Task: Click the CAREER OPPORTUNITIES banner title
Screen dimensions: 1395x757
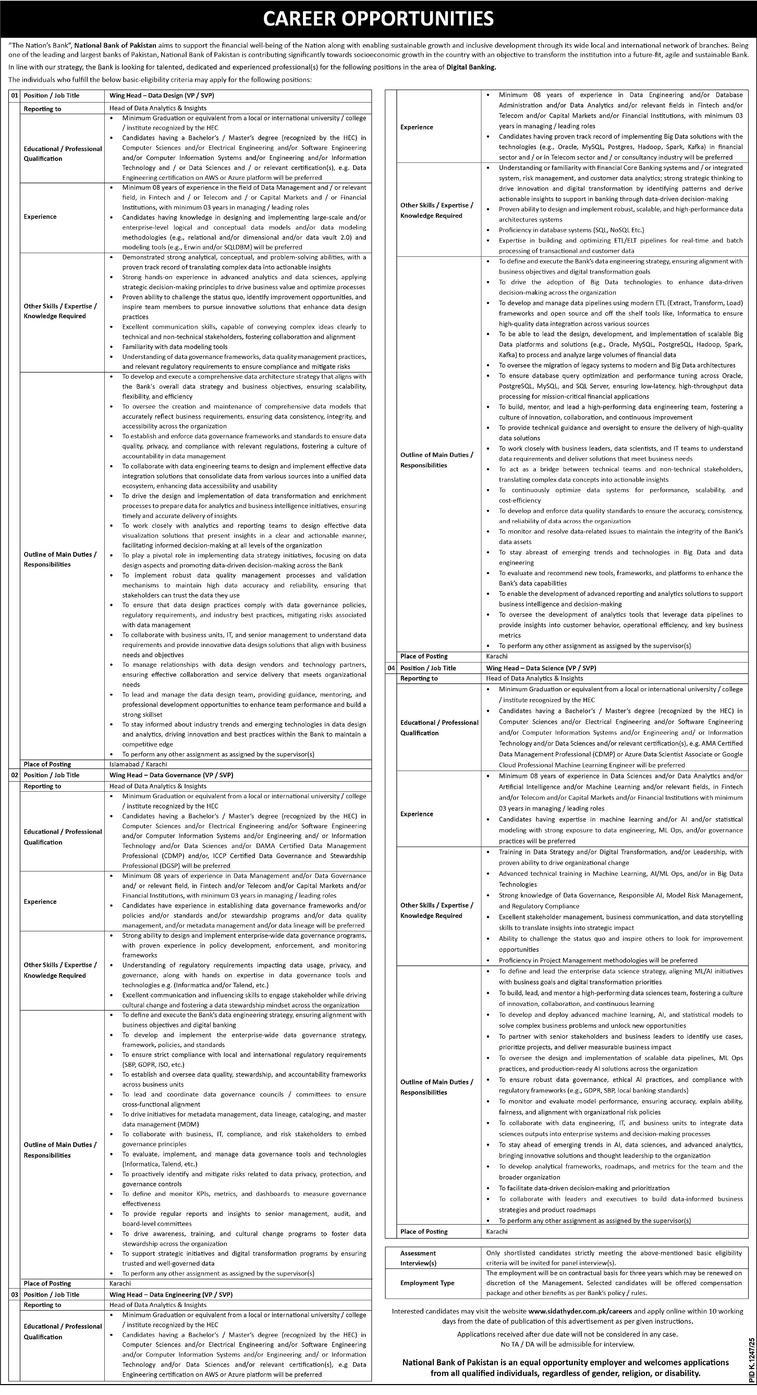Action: point(378,19)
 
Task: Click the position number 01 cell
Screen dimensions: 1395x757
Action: point(14,95)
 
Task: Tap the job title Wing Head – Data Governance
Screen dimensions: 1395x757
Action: point(171,775)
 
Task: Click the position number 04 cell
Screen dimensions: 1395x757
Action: point(390,668)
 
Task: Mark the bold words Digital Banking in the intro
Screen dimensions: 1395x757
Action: point(471,68)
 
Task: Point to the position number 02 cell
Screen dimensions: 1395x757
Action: point(14,775)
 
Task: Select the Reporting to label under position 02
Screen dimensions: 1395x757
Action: point(42,786)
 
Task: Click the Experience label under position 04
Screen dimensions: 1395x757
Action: point(416,814)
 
